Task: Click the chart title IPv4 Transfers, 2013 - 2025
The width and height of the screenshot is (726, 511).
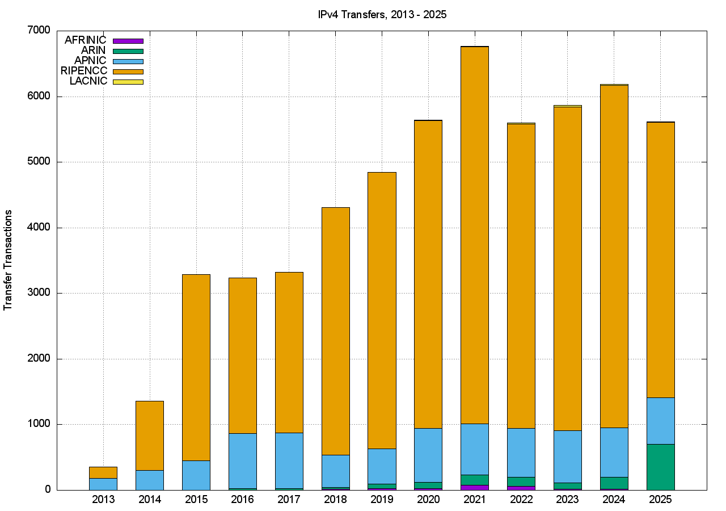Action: tap(382, 15)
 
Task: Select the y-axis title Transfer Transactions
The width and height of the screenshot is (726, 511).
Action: tap(8, 260)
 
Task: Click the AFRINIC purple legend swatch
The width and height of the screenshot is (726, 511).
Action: tap(128, 41)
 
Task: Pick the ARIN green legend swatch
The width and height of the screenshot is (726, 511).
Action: tap(128, 51)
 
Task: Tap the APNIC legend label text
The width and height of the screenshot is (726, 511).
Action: tap(90, 61)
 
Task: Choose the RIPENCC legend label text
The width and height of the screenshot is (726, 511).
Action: tap(83, 71)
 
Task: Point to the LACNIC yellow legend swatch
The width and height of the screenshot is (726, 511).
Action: tap(128, 82)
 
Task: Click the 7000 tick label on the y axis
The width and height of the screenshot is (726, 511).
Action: tap(38, 30)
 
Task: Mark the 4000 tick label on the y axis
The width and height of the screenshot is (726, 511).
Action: tap(38, 228)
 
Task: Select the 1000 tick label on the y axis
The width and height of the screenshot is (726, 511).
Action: tap(38, 424)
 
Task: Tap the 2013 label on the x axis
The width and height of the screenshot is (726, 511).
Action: tap(103, 500)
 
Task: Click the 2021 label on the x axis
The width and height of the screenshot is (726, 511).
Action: tap(474, 500)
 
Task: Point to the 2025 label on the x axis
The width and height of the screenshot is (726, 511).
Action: tap(660, 500)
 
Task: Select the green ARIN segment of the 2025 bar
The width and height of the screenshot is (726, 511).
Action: tap(660, 467)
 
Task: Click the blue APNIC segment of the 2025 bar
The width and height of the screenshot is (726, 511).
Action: tap(660, 421)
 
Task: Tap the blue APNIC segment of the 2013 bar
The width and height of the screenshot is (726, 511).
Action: tap(103, 484)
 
